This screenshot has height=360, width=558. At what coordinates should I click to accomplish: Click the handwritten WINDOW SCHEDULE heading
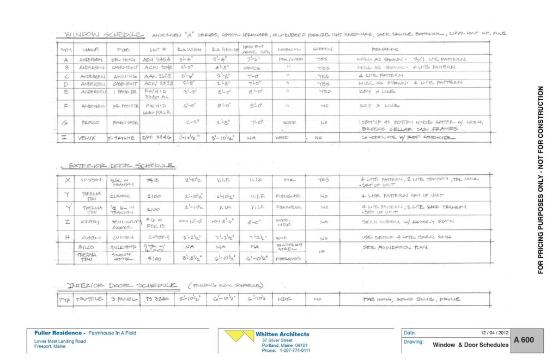(x=104, y=35)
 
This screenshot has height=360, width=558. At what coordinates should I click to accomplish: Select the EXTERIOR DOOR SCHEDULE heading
(x=120, y=166)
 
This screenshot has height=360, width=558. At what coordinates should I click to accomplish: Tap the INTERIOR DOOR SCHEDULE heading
(x=122, y=285)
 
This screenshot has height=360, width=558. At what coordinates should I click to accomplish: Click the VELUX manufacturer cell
(x=87, y=138)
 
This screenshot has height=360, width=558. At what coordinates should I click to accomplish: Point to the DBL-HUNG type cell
(x=123, y=59)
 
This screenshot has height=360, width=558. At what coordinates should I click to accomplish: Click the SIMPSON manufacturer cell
(x=91, y=179)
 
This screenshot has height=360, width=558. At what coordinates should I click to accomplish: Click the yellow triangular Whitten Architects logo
(x=240, y=336)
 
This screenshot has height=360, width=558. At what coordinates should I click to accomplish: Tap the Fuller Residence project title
(x=85, y=333)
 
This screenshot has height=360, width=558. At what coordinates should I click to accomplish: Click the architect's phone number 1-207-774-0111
(x=286, y=350)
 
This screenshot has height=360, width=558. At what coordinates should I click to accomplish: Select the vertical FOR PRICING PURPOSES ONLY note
(x=541, y=180)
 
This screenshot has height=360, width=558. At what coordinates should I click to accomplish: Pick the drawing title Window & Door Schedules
(x=470, y=345)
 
